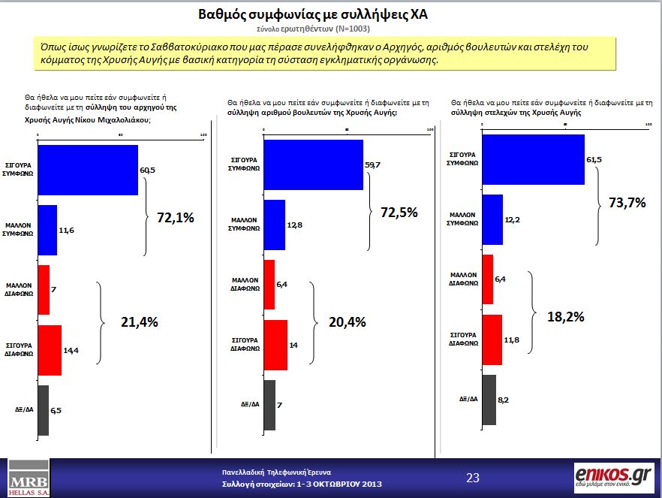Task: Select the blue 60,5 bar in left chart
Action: (x=87, y=170)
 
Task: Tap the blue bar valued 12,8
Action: (x=274, y=225)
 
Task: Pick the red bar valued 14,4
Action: (x=49, y=349)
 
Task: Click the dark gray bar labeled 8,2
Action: (x=489, y=399)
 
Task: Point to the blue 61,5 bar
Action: (x=532, y=159)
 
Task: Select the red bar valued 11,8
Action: (x=491, y=339)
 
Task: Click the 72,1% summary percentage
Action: (x=176, y=218)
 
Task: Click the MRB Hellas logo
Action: (x=27, y=476)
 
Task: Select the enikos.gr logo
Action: (x=612, y=477)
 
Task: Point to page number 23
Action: (x=473, y=478)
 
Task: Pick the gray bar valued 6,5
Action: (x=43, y=410)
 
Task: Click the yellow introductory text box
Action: (x=325, y=53)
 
